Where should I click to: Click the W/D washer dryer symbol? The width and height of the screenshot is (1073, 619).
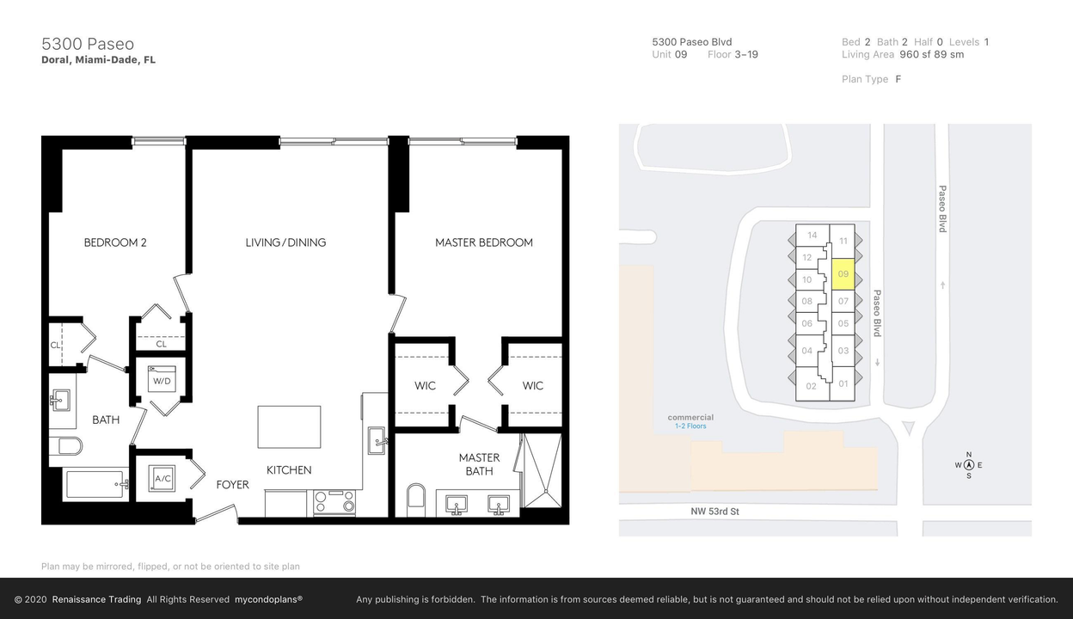tap(162, 379)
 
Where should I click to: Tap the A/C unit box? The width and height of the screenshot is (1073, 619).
tap(162, 478)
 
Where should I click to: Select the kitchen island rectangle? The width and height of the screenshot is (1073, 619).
tap(289, 427)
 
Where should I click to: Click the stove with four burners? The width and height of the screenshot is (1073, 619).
tap(334, 502)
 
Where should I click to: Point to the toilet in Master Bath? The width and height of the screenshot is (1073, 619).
tap(416, 499)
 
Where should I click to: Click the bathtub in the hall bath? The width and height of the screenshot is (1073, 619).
tap(96, 484)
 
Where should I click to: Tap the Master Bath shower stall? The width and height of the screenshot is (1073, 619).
tap(543, 470)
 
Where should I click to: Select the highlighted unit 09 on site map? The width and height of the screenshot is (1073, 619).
tap(843, 274)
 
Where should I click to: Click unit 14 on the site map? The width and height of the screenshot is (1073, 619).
tap(812, 235)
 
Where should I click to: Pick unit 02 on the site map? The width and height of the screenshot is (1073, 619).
tap(811, 386)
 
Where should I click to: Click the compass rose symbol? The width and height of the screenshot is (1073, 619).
tap(969, 465)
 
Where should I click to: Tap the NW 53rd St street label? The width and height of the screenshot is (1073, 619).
tap(714, 512)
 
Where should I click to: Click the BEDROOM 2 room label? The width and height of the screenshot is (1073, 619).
tap(115, 242)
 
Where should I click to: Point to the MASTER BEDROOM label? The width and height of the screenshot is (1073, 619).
tap(483, 242)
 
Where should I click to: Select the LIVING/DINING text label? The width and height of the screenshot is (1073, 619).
tap(285, 242)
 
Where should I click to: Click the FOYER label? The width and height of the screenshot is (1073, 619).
tap(232, 485)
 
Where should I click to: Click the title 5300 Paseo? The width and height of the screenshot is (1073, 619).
tap(88, 44)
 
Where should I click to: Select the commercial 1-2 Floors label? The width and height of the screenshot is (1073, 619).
tap(690, 421)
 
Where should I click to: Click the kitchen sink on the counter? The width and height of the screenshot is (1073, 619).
tap(377, 440)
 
